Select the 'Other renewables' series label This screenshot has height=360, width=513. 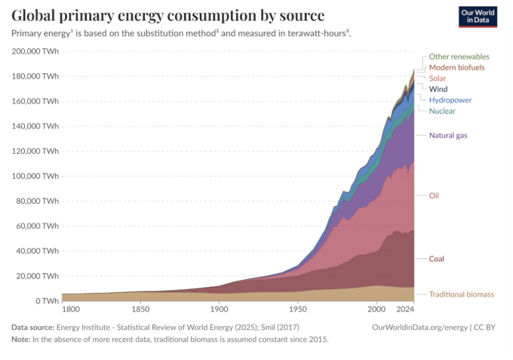coord(459,57)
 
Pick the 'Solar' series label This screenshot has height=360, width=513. coord(438,78)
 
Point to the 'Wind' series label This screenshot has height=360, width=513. coord(438,89)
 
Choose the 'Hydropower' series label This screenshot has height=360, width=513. coord(450,100)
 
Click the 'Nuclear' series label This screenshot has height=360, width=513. coord(442,111)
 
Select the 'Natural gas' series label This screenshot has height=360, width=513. coord(448,135)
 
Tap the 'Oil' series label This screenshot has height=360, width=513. coord(434,195)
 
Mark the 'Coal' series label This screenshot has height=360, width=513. coord(436,259)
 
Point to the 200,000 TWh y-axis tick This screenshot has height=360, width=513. coord(35,51)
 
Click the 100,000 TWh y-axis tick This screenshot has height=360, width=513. coord(35,176)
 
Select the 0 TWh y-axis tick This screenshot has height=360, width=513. coord(45,300)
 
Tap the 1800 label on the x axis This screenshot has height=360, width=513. coord(70,309)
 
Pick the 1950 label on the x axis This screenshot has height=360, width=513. coord(298,309)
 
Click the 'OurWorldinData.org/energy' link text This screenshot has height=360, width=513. coord(421,327)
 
